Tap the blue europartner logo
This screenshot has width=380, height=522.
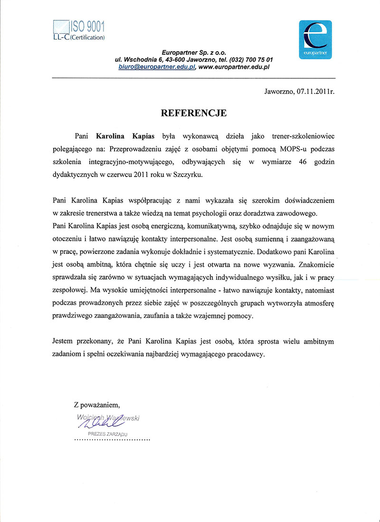[x=315, y=39]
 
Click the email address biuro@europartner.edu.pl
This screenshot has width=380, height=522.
[x=157, y=67]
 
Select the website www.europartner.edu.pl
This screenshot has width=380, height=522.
[x=234, y=67]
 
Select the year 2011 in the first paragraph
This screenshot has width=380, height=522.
[x=142, y=174]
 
